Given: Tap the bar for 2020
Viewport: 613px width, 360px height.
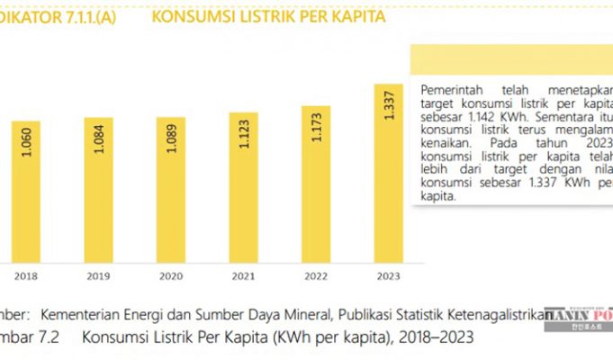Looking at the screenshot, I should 170,189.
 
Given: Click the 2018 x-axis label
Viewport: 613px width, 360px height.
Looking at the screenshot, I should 27,276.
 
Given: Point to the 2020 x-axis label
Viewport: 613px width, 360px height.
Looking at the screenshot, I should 170,276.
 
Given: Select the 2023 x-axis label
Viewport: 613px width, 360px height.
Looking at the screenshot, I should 388,276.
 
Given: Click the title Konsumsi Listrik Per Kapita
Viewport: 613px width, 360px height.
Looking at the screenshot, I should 269,17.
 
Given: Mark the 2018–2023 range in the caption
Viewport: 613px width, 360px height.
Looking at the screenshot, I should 437,338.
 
